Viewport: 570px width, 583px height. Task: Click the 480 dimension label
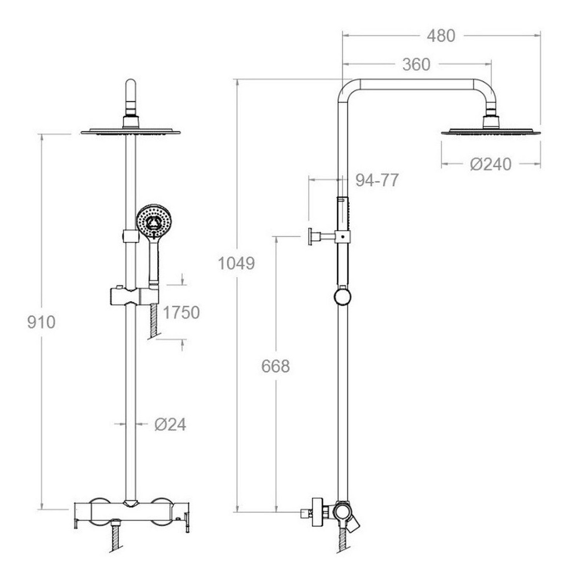click(441, 36)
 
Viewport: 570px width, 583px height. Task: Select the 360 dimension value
click(416, 65)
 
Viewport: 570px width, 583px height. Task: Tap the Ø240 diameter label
click(490, 165)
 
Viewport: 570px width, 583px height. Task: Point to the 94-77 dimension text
click(377, 180)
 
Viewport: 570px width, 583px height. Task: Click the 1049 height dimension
click(236, 264)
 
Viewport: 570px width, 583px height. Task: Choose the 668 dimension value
click(276, 367)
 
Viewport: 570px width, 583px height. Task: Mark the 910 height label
click(42, 322)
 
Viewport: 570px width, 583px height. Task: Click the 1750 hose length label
click(181, 313)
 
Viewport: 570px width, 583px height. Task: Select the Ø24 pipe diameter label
click(170, 425)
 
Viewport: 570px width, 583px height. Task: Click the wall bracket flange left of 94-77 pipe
click(311, 236)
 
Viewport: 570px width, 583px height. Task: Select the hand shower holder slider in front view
click(134, 296)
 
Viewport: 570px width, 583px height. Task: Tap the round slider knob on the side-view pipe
click(342, 297)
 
